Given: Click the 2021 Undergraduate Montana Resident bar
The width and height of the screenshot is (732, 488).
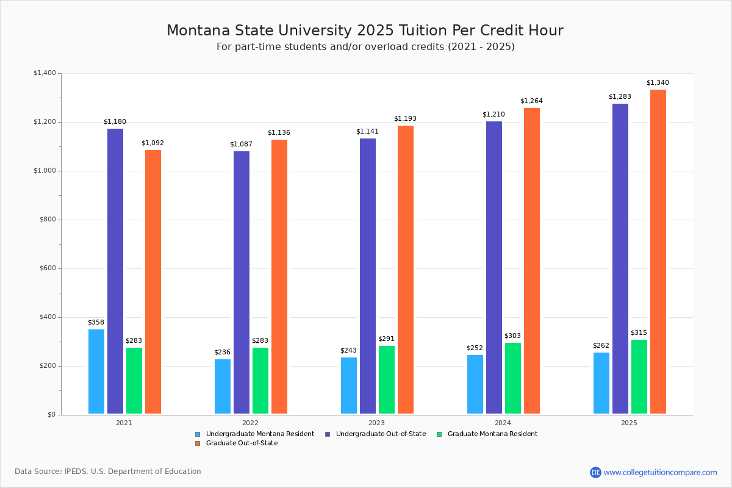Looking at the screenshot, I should (x=96, y=371).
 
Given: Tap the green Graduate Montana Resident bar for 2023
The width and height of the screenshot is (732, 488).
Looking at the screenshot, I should (x=387, y=379).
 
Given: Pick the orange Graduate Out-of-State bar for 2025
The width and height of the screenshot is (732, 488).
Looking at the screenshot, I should (x=658, y=251).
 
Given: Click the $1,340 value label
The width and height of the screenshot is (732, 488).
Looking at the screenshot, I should (x=658, y=83).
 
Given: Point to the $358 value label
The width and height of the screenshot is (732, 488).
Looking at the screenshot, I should (x=96, y=323).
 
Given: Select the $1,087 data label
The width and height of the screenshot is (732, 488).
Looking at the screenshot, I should (x=241, y=145).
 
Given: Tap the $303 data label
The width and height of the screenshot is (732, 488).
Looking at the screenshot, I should (x=512, y=336).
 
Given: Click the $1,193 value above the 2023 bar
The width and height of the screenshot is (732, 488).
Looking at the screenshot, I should (x=405, y=119).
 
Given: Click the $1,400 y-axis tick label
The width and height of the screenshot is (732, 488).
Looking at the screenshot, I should (x=45, y=73).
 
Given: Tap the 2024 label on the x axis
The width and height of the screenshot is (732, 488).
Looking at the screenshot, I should (x=503, y=423).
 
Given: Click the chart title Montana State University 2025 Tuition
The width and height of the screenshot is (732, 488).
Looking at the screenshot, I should (x=365, y=30).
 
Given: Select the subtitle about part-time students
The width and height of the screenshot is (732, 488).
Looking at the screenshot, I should (x=365, y=47).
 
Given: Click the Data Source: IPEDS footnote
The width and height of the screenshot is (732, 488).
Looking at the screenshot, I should (x=108, y=472).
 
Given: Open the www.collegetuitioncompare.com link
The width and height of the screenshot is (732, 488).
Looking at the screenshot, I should (x=660, y=472).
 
